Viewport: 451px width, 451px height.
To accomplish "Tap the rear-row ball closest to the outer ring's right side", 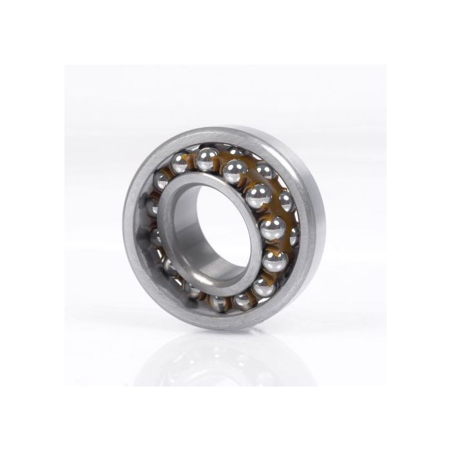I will [x=294, y=236].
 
